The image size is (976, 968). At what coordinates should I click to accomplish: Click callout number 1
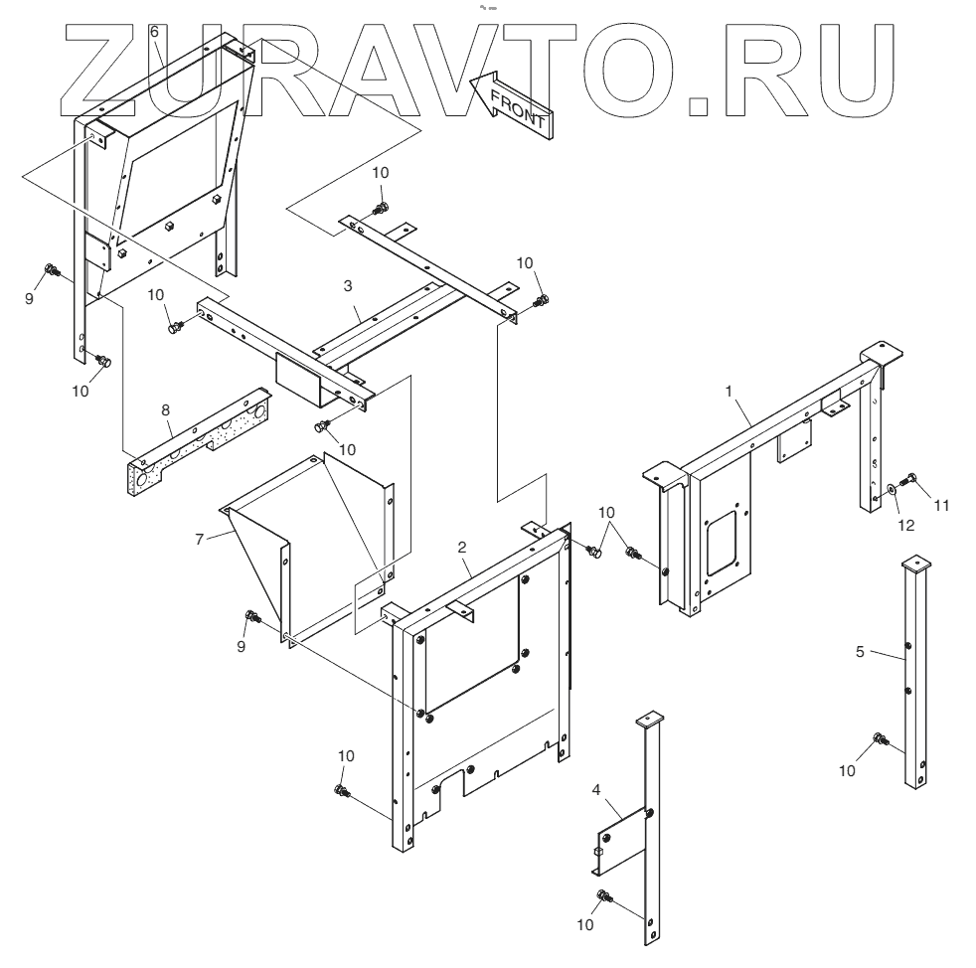731,393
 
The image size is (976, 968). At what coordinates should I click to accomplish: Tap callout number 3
348,285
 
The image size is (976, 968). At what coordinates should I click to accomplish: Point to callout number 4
596,790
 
